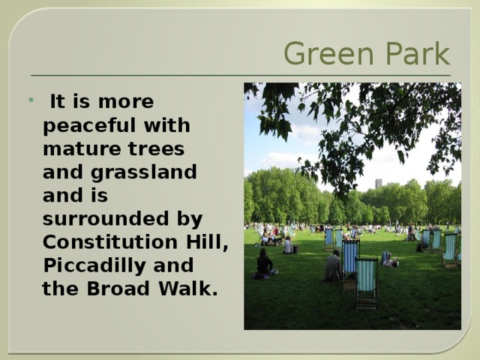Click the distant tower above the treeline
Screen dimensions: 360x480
tap(379, 183)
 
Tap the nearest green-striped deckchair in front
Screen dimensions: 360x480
tap(366, 282)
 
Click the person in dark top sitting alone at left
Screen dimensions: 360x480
tap(264, 264)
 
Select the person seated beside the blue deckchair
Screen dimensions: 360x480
tap(332, 265)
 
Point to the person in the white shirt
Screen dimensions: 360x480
tap(287, 245)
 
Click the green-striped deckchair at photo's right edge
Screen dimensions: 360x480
tap(450, 250)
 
